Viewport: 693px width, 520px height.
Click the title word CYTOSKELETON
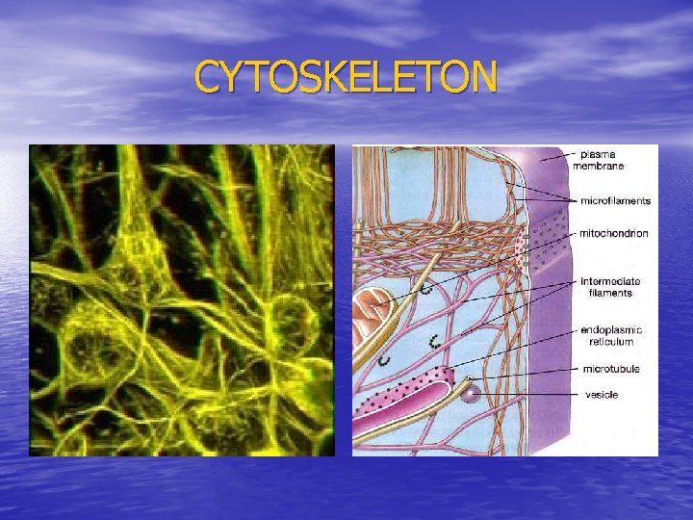[346, 77]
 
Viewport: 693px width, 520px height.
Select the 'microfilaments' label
[616, 200]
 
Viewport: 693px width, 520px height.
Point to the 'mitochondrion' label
[614, 233]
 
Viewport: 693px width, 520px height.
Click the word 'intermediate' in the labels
[610, 282]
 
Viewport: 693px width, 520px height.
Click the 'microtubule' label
[611, 368]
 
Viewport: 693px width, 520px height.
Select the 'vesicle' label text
[602, 395]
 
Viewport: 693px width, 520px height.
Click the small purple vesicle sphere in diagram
[470, 392]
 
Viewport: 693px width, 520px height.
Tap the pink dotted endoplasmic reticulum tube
[404, 390]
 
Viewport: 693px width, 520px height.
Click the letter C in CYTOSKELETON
[207, 77]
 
